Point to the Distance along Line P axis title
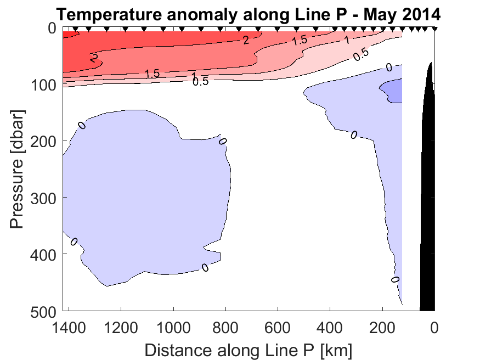coord(248,350)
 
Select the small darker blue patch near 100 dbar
coord(393,89)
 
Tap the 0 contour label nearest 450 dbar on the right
coord(395,280)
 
